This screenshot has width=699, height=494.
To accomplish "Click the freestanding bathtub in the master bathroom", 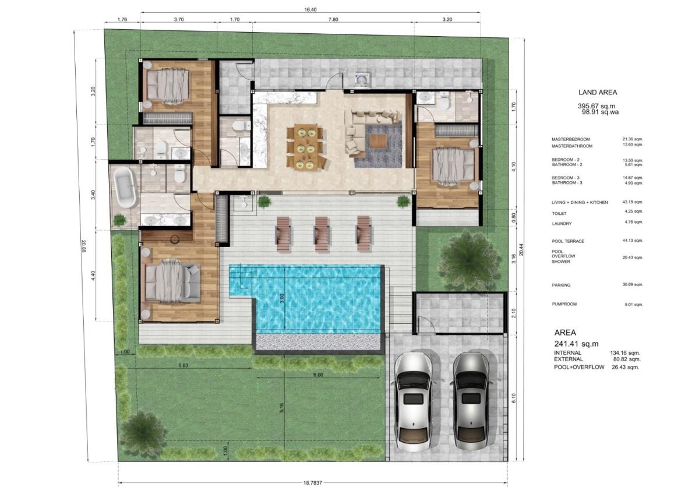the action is click(x=126, y=186).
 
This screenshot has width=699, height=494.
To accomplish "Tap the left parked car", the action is click(x=414, y=402).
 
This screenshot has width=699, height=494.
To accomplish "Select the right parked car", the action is click(x=471, y=402).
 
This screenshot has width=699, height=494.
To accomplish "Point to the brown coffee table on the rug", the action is click(x=379, y=141).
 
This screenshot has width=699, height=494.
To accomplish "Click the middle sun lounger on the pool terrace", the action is click(x=322, y=234).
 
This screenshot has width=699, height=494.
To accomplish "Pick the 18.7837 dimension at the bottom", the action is click(x=312, y=483).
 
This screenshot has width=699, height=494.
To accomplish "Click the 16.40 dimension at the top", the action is click(x=310, y=10).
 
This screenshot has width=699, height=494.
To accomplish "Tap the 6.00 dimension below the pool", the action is click(x=318, y=375).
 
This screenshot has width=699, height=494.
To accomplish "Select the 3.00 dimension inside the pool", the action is click(x=282, y=298).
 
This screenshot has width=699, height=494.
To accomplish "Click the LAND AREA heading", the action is click(x=598, y=93).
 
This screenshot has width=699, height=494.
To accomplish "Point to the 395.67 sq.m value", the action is click(x=596, y=106).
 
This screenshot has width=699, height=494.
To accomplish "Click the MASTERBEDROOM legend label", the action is click(x=570, y=139).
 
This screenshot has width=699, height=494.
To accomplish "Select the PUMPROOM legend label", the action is click(x=564, y=304).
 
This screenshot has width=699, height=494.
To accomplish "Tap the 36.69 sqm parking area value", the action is click(x=633, y=285).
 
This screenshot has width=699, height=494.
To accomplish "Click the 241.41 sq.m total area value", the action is click(x=576, y=344).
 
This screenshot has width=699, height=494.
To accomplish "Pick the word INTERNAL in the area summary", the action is click(x=567, y=352).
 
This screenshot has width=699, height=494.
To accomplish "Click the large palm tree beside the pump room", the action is click(x=469, y=260).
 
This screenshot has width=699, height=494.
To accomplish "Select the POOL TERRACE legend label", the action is click(x=567, y=241).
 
